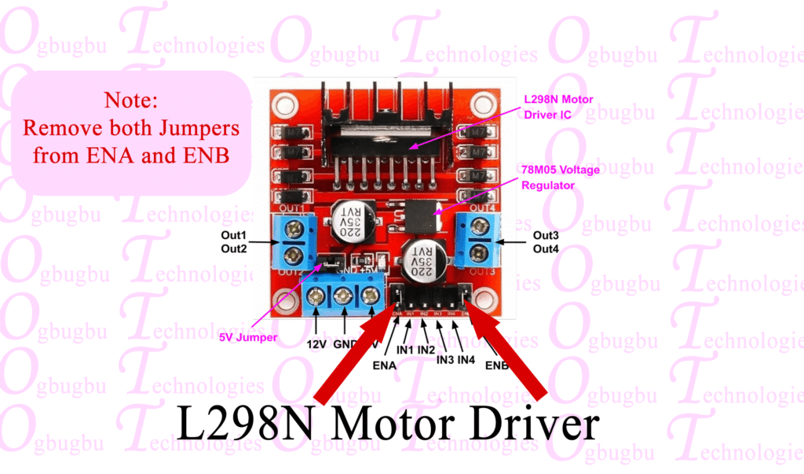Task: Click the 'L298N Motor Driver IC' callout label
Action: click(x=558, y=107)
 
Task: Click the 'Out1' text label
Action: click(x=233, y=236)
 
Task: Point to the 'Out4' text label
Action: click(x=546, y=249)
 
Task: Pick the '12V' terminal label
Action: click(x=316, y=344)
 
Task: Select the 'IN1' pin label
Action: click(x=405, y=349)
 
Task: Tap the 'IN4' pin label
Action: click(x=466, y=359)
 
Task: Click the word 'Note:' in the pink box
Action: click(x=131, y=101)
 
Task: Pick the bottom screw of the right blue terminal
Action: click(x=478, y=252)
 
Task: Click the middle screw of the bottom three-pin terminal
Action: click(x=343, y=297)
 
